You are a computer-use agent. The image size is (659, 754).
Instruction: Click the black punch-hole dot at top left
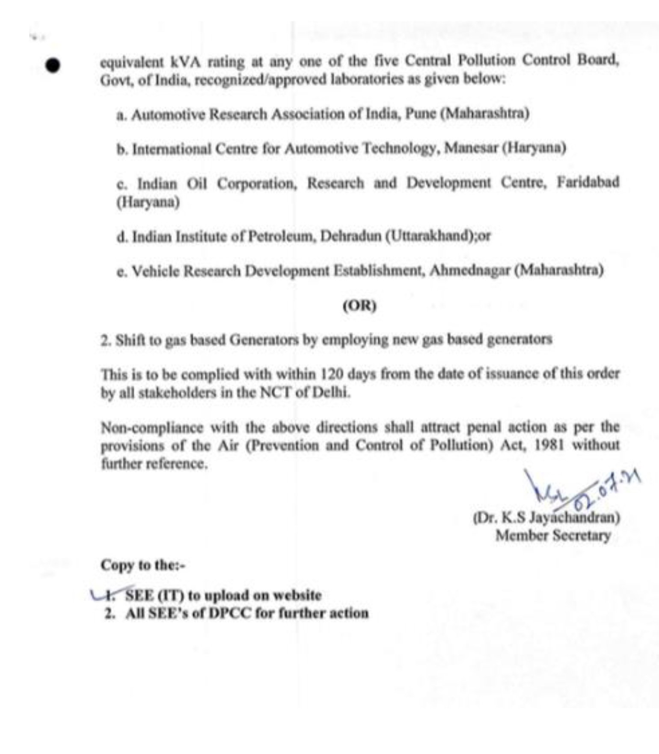(54, 67)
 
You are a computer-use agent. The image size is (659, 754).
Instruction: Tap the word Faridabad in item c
(588, 183)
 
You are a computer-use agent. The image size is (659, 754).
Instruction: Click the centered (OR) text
(359, 306)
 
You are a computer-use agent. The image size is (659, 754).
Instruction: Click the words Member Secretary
(553, 535)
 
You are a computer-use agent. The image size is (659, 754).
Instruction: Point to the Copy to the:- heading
(143, 565)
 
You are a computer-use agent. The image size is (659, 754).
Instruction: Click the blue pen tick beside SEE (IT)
(101, 595)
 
